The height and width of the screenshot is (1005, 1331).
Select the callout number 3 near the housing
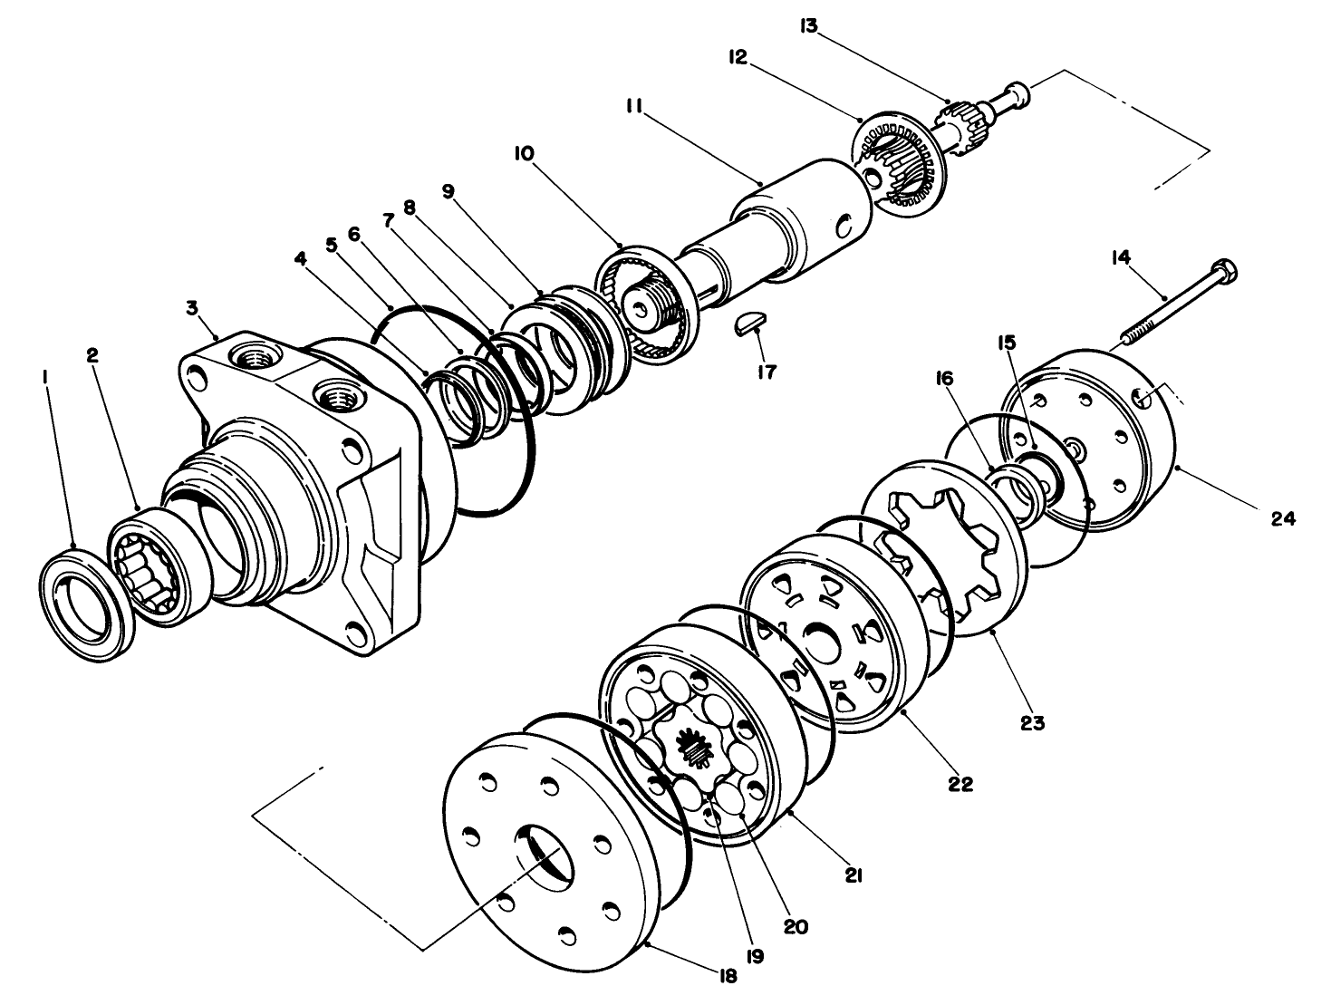pos(192,308)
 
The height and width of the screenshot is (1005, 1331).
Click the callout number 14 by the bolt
pos(1121,258)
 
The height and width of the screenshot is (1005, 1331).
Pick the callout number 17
pos(767,372)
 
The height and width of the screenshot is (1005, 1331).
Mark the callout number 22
pos(960,784)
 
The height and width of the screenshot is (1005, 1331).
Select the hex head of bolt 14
pos(1223,271)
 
